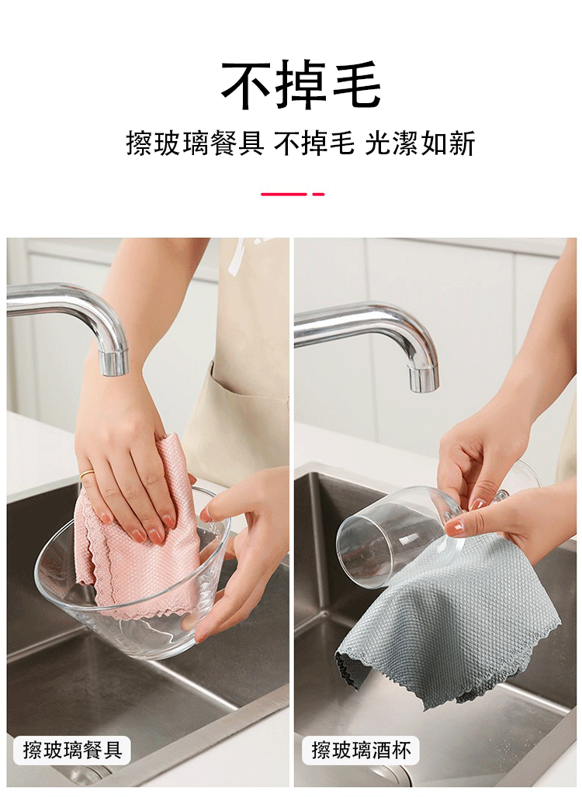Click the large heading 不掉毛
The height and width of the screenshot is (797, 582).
[300, 85]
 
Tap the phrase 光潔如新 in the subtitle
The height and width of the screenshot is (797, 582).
[420, 143]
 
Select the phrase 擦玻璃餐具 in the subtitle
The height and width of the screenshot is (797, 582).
[196, 143]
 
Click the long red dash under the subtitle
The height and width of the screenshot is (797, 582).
[284, 194]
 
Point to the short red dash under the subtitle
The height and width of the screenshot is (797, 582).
[318, 194]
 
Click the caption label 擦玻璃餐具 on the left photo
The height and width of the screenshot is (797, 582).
[72, 750]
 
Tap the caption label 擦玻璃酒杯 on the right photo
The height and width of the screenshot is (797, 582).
[361, 750]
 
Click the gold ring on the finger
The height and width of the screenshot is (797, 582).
[86, 474]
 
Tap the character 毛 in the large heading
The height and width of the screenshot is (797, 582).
[357, 85]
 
